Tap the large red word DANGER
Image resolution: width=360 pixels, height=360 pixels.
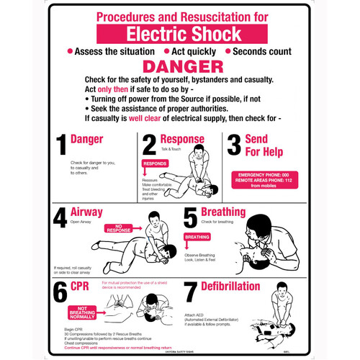pyautogui.click(x=180, y=66)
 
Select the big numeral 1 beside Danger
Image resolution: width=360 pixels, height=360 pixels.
pyautogui.click(x=61, y=145)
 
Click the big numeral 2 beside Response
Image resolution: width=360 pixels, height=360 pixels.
pyautogui.click(x=149, y=145)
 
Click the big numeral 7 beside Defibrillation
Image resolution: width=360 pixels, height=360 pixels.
pyautogui.click(x=191, y=293)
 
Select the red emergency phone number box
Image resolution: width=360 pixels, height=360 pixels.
pyautogui.click(x=264, y=179)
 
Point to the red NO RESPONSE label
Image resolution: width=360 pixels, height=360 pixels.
pyautogui.click(x=120, y=230)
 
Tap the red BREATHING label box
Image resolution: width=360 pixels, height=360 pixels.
pyautogui.click(x=197, y=236)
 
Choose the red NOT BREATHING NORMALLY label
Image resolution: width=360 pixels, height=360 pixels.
pyautogui.click(x=82, y=311)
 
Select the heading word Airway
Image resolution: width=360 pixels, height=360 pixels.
pyautogui.click(x=86, y=212)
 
